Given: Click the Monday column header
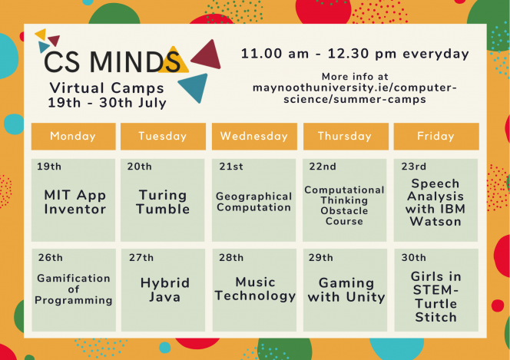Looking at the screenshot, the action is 74,136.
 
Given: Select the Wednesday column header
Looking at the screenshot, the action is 254,136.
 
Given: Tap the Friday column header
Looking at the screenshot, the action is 436,136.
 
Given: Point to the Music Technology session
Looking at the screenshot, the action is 254,290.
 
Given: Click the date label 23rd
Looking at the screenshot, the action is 413,167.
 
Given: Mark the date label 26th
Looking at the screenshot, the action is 50,257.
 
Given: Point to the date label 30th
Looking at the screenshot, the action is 413,257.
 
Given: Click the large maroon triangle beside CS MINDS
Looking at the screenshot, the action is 208,55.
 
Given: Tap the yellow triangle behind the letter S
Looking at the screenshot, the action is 174,61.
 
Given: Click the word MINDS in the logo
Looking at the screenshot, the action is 135,61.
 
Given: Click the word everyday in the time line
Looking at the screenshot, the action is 435,54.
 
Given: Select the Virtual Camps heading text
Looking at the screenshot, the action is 107,88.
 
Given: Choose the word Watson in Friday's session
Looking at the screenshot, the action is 435,222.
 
